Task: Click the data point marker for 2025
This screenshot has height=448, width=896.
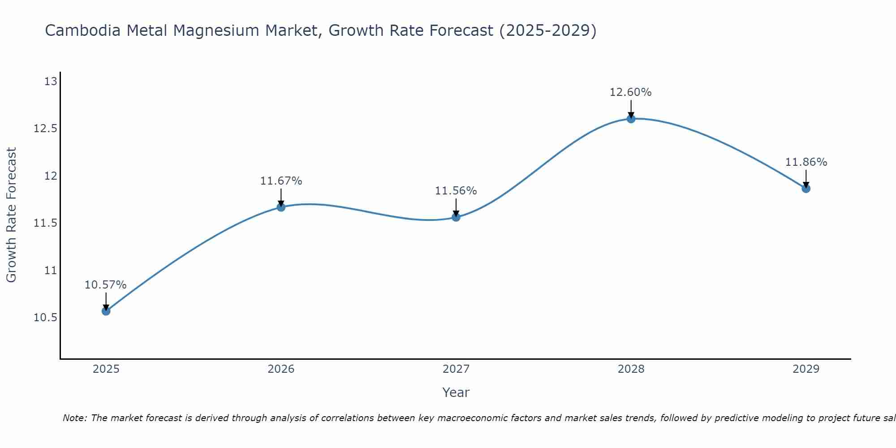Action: pyautogui.click(x=106, y=311)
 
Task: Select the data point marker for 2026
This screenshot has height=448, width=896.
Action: pyautogui.click(x=281, y=207)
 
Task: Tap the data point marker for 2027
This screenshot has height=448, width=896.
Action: pyautogui.click(x=456, y=217)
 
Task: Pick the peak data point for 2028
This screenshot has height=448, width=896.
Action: pyautogui.click(x=631, y=119)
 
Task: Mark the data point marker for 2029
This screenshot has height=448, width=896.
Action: pyautogui.click(x=806, y=189)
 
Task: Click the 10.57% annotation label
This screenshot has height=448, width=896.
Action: pyautogui.click(x=106, y=285)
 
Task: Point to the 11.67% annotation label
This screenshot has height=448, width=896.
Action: pyautogui.click(x=281, y=181)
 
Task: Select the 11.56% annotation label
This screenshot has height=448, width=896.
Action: pyautogui.click(x=456, y=191)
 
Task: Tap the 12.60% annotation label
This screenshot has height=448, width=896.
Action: pyautogui.click(x=631, y=92)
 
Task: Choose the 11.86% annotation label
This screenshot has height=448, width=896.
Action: pyautogui.click(x=806, y=162)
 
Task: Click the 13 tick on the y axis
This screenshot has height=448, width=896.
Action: pyautogui.click(x=51, y=82)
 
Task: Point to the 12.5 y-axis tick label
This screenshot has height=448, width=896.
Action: pyautogui.click(x=46, y=129)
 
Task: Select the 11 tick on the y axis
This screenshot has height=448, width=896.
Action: pyautogui.click(x=51, y=271)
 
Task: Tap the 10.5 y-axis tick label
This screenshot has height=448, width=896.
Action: pyautogui.click(x=46, y=318)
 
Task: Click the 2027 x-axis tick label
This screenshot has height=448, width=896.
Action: pyautogui.click(x=456, y=369)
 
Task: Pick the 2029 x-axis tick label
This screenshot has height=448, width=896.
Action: pyautogui.click(x=806, y=369)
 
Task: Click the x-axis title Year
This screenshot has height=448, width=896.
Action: pyautogui.click(x=456, y=392)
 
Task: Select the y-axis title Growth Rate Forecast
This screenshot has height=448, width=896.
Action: pyautogui.click(x=11, y=215)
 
